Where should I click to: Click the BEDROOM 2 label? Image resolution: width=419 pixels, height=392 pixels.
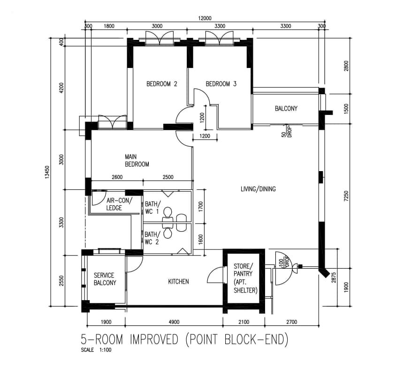click(x=162, y=84)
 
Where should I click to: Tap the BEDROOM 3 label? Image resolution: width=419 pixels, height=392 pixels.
click(x=221, y=84)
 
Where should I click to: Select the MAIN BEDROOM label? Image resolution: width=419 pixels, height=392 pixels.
click(x=137, y=160)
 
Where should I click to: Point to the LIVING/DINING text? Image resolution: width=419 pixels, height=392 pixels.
click(x=258, y=189)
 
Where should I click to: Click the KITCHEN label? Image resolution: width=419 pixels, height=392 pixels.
click(x=178, y=281)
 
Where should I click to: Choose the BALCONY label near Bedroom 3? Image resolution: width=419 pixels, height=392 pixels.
click(x=286, y=108)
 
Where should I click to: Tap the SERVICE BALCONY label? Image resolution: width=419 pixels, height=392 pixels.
click(x=105, y=279)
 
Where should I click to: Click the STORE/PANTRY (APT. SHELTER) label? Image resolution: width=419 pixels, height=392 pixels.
click(x=245, y=278)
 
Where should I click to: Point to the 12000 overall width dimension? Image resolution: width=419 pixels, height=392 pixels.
click(x=205, y=18)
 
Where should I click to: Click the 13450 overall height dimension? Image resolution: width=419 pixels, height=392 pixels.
click(x=47, y=172)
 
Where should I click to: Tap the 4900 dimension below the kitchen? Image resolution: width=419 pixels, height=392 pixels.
click(x=174, y=322)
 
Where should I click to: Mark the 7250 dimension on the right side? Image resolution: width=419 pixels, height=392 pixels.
click(x=346, y=196)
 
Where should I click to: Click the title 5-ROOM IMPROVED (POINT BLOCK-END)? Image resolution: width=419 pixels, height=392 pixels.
click(x=185, y=339)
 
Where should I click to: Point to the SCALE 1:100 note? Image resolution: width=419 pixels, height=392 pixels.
click(x=96, y=350)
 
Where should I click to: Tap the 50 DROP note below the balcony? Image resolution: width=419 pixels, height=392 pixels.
click(x=286, y=131)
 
